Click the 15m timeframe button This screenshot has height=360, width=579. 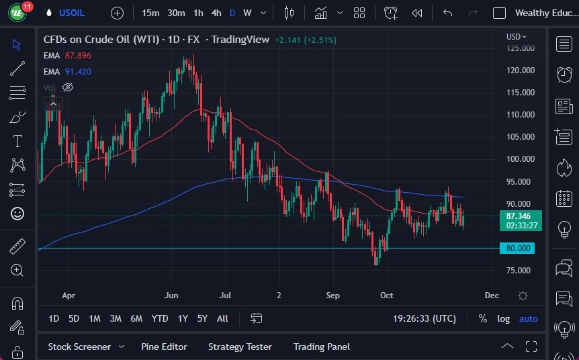click(x=150, y=13)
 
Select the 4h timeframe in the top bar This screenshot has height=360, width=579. click(x=216, y=13)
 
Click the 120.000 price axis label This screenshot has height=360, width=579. click(x=521, y=70)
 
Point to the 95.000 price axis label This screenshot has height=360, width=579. click(x=521, y=181)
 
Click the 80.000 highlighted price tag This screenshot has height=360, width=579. click(x=519, y=249)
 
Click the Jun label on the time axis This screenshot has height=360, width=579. click(x=171, y=295)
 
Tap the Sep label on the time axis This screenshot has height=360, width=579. click(x=333, y=295)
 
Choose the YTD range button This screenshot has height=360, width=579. click(x=160, y=318)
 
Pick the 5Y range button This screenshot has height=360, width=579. click(x=202, y=318)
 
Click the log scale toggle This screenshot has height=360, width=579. click(x=503, y=318)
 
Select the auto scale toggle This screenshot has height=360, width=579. click(x=529, y=318)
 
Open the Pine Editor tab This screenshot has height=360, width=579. click(x=164, y=347)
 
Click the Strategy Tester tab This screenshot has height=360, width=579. click(x=240, y=347)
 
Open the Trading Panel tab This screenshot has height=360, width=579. click(x=322, y=347)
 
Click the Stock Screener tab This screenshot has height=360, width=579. click(x=79, y=347)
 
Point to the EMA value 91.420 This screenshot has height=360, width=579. click(x=78, y=71)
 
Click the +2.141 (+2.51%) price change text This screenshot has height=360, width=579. click(x=306, y=40)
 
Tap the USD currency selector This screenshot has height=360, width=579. click(x=516, y=36)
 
